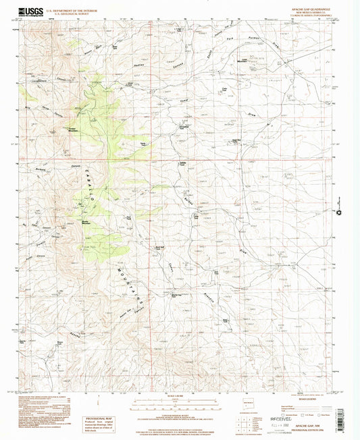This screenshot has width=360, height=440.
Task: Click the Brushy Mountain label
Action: click(x=87, y=222)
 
